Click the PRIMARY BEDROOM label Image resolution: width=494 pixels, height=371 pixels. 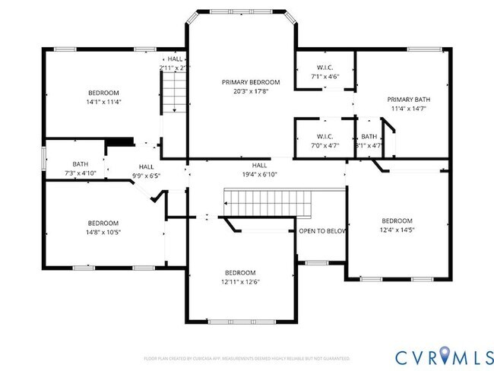[251, 81]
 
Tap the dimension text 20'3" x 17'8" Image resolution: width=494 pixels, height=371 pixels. [251, 90]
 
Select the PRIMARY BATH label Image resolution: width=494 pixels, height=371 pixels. [409, 100]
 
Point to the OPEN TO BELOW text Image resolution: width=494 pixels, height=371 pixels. [322, 230]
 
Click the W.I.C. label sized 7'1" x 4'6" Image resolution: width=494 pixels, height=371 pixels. [324, 68]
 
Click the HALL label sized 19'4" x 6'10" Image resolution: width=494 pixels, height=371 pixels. [259, 165]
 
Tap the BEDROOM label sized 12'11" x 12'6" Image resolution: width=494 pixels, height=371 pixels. [239, 272]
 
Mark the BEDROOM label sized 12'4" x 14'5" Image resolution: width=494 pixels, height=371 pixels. [397, 220]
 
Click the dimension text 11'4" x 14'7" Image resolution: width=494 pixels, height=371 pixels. [409, 109]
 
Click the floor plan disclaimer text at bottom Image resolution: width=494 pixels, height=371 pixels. [247, 357]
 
